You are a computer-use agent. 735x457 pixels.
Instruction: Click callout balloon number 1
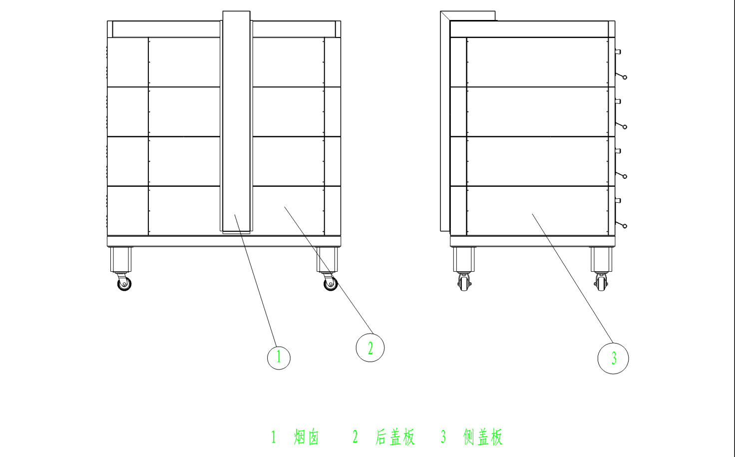coord(279,358)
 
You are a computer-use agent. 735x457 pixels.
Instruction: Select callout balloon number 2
coord(370,348)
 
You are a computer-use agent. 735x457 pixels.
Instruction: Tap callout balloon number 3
coord(613,358)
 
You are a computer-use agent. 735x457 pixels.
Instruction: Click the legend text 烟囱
coord(306,437)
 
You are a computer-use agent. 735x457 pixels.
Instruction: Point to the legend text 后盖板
coord(395,437)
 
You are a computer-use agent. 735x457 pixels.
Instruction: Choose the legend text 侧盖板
coord(483,437)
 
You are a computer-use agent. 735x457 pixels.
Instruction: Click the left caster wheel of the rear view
coord(124,283)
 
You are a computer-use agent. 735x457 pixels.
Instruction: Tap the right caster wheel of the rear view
coord(331,283)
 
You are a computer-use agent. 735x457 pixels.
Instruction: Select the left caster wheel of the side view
coord(464,283)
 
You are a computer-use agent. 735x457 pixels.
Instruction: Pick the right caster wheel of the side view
coord(601,283)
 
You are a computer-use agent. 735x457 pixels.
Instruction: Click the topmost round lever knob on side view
coord(625,77)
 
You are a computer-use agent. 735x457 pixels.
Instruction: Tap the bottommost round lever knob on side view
coord(625,226)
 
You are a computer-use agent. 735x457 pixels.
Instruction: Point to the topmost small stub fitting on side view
coord(618,52)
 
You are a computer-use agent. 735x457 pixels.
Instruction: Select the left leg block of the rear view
coord(121,259)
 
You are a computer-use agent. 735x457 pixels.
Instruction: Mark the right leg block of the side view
coord(602,259)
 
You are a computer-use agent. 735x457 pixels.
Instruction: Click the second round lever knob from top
coord(625,127)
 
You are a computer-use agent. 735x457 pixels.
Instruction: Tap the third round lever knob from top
coord(625,177)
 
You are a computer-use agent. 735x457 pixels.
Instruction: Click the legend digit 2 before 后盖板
coord(355,437)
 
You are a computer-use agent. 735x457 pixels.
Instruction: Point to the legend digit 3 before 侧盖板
coord(443,437)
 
